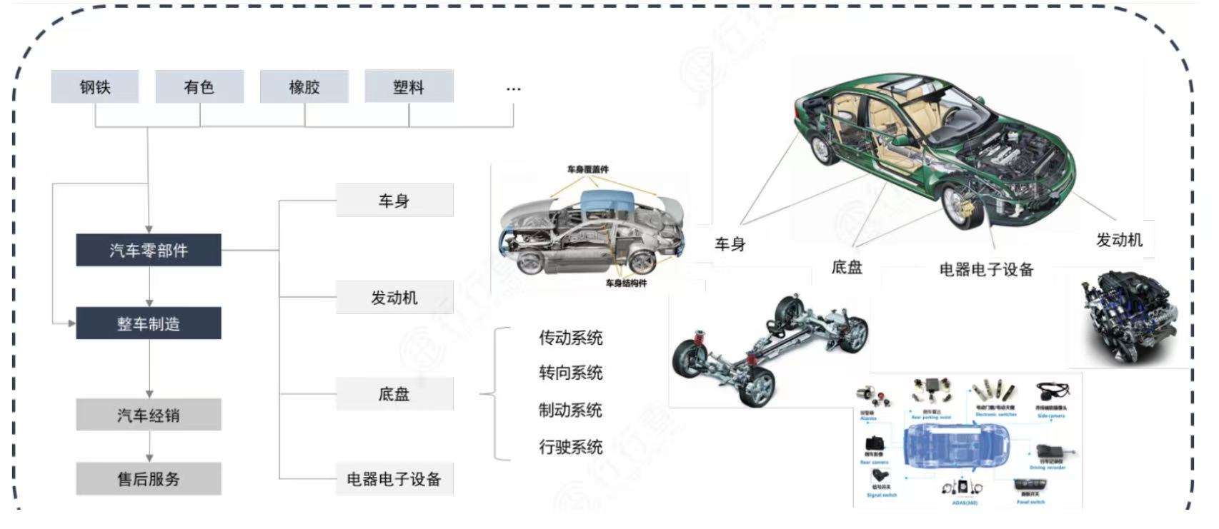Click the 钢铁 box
click(x=94, y=87)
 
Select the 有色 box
click(x=199, y=87)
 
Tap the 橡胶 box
click(x=304, y=87)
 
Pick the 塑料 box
click(x=409, y=87)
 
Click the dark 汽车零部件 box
click(x=149, y=251)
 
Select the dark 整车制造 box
click(x=149, y=323)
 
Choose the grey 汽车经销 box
click(x=149, y=415)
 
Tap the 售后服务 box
click(x=149, y=478)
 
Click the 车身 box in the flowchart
click(x=394, y=201)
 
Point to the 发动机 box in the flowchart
click(x=394, y=297)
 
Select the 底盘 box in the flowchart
click(x=394, y=393)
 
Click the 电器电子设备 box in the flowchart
click(x=394, y=479)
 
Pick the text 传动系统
click(x=570, y=337)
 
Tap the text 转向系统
click(x=570, y=373)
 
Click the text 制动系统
click(x=570, y=410)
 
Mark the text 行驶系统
click(x=570, y=447)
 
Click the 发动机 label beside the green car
click(x=1119, y=240)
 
